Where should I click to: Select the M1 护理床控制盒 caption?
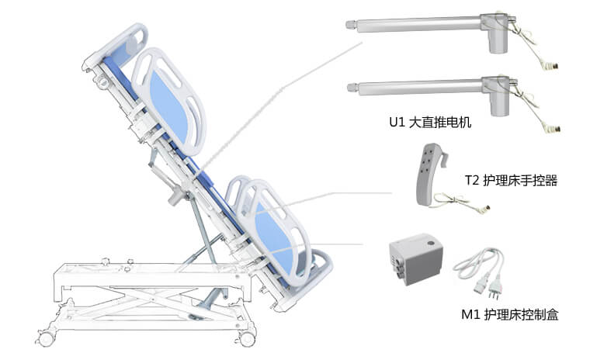click(510, 314)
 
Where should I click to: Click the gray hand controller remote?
click(429, 175)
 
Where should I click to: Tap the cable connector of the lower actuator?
click(556, 128)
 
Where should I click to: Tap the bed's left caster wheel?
click(47, 337)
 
